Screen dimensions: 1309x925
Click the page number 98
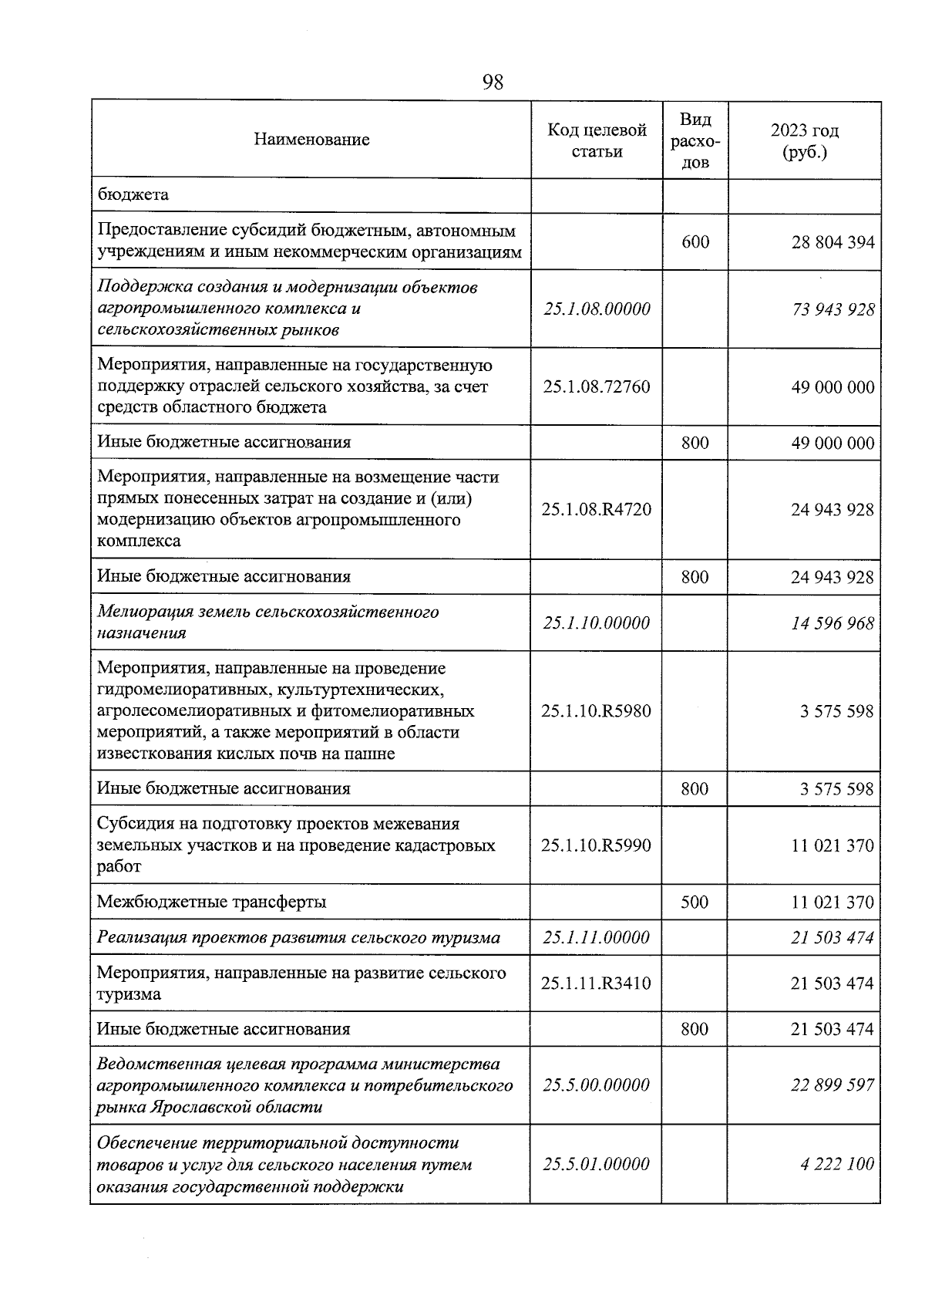click(493, 82)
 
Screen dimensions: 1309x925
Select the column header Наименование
click(311, 140)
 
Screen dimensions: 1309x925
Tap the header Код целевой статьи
click(597, 140)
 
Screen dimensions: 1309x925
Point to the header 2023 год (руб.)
click(805, 140)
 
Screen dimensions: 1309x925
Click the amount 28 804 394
click(832, 242)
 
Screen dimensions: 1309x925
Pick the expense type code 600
click(695, 242)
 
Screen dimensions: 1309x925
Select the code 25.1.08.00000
click(597, 309)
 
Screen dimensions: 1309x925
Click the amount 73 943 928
click(832, 309)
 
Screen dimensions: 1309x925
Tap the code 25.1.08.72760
click(597, 386)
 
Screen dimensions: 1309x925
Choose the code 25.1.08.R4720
click(597, 509)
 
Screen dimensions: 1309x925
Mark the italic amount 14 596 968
click(832, 622)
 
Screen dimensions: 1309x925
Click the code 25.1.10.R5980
click(597, 710)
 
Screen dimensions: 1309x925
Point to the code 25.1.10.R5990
click(597, 845)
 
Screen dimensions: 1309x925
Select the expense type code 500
click(695, 902)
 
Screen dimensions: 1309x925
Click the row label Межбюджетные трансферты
click(212, 902)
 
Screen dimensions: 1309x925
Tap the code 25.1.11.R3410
click(597, 983)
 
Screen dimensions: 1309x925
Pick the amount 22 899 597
click(832, 1085)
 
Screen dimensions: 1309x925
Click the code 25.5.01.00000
click(597, 1164)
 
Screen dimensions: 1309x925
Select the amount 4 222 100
click(838, 1164)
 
